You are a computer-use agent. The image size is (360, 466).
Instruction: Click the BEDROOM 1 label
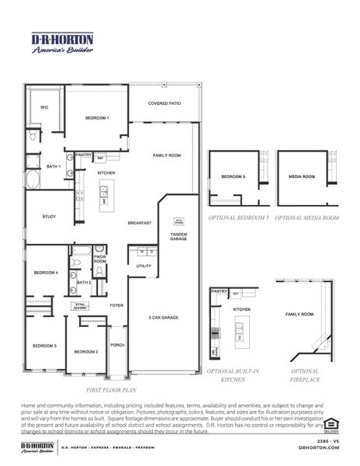pos(97,117)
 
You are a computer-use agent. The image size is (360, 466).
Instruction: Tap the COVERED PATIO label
pos(164,103)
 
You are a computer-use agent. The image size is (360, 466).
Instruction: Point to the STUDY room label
pos(37,217)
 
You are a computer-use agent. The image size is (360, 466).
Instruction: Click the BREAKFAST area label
pos(140,223)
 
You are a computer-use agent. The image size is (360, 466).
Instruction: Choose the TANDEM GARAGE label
pos(178,237)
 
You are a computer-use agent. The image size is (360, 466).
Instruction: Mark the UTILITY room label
pos(144,266)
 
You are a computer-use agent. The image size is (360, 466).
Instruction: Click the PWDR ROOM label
pos(99,259)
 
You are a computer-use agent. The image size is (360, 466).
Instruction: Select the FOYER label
pos(116,305)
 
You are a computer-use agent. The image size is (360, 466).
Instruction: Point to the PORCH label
pos(117,344)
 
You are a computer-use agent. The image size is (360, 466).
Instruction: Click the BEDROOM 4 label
pos(46,273)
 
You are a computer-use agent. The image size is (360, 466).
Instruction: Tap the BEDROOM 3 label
pos(43,345)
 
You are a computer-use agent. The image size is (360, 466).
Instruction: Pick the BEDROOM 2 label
pos(85,352)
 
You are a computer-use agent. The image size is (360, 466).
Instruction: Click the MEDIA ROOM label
pos(302,177)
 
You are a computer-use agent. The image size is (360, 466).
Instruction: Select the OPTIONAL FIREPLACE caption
pos(305,375)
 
